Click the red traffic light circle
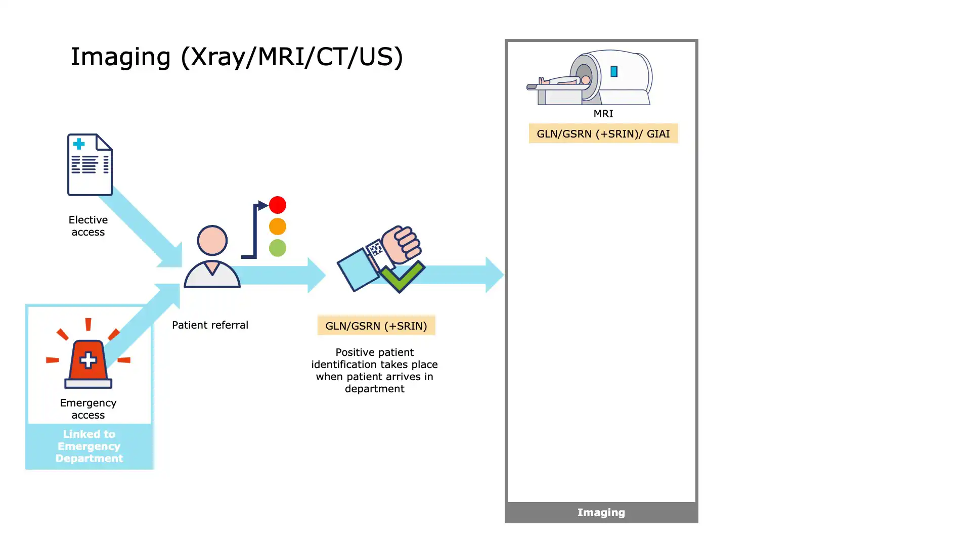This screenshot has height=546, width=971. (x=278, y=205)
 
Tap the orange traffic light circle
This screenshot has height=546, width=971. (x=278, y=226)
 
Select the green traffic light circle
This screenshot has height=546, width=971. (x=278, y=248)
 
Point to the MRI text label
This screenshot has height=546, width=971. (x=603, y=114)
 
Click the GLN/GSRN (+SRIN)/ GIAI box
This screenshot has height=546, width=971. (x=603, y=133)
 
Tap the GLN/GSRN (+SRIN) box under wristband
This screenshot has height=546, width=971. (x=376, y=326)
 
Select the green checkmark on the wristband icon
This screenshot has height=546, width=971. (x=402, y=277)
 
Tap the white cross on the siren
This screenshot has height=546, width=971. (x=88, y=360)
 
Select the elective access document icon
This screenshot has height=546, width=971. (x=90, y=165)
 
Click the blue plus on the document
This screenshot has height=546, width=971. (x=79, y=144)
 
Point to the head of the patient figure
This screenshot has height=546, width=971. (x=212, y=241)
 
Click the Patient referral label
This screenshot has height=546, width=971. (x=210, y=325)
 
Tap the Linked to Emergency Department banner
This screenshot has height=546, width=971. (x=89, y=446)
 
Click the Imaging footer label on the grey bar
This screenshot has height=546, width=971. (x=601, y=513)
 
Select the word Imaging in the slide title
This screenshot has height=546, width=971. (x=120, y=57)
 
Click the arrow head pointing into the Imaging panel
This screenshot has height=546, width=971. (x=494, y=275)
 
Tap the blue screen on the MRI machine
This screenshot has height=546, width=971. (x=614, y=72)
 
